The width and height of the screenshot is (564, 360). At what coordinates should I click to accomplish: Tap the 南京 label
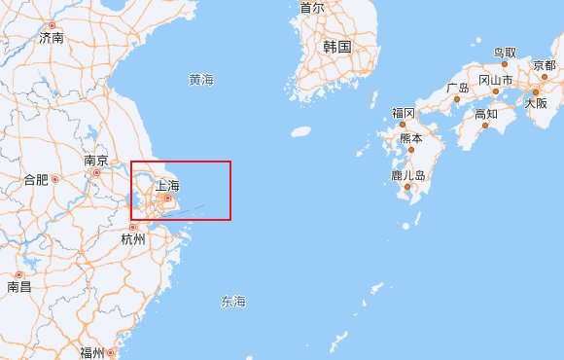tap(94, 160)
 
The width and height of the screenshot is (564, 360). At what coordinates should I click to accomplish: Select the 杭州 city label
tap(132, 238)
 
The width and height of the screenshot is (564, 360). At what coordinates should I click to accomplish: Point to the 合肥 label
tap(35, 179)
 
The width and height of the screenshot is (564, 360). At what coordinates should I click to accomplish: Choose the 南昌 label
tap(19, 286)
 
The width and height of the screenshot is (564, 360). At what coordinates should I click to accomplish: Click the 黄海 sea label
tap(202, 80)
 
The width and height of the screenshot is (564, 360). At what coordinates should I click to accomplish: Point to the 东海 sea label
tap(233, 302)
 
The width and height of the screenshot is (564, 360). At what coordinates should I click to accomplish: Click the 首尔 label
tap(312, 8)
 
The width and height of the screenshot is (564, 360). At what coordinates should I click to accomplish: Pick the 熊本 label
tap(411, 139)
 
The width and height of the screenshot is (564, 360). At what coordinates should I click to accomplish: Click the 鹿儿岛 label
tap(408, 176)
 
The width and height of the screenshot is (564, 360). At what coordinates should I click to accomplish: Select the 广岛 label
tap(458, 88)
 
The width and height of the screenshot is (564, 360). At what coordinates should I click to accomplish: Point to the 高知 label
tap(486, 114)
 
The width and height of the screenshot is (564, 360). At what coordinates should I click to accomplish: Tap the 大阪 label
tap(536, 102)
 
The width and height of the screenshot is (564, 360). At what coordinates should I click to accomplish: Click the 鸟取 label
tap(505, 52)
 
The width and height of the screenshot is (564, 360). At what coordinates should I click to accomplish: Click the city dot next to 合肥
tap(54, 179)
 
